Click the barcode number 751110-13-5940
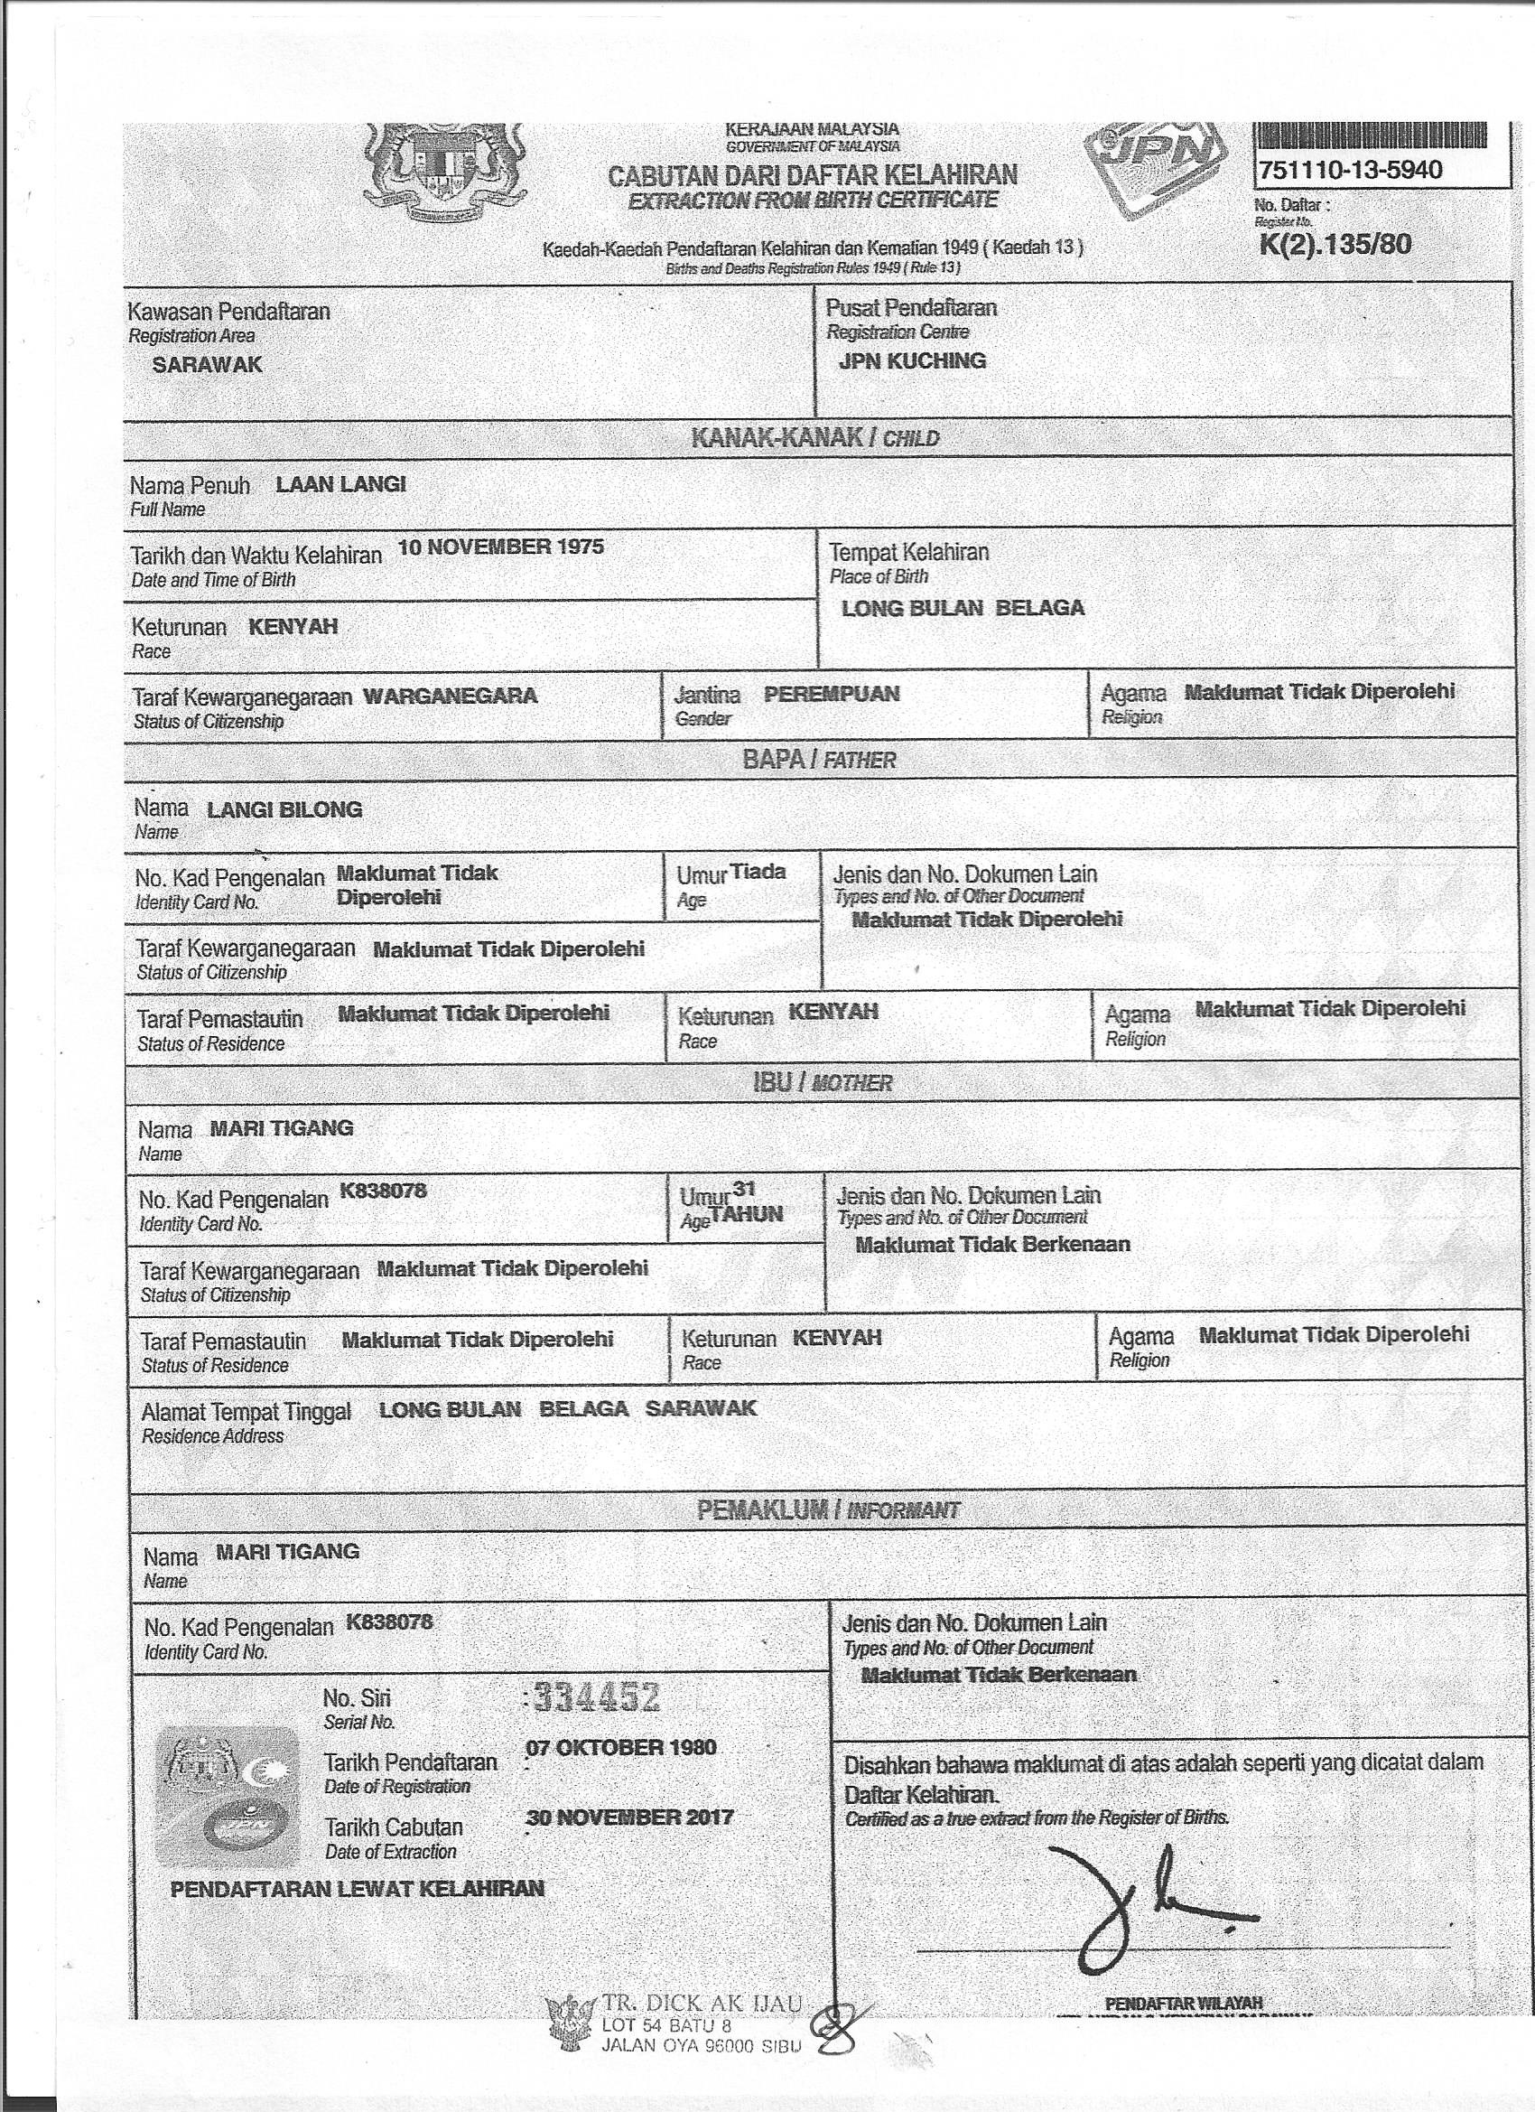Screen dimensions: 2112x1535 coord(1349,171)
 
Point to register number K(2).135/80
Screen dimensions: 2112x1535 coord(1334,244)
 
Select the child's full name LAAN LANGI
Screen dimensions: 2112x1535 coord(340,484)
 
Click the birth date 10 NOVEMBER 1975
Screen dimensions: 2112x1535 coord(501,547)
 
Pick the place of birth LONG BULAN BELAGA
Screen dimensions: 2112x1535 coord(963,608)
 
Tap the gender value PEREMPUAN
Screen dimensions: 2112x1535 coord(832,694)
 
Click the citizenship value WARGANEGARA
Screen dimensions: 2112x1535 coord(450,696)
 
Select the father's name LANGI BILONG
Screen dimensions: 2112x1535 coord(284,809)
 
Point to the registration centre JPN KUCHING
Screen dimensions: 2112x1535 coord(911,361)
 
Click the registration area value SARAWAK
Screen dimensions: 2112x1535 coord(207,365)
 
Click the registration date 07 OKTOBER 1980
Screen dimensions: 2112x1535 coord(621,1747)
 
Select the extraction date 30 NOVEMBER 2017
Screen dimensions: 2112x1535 coord(629,1817)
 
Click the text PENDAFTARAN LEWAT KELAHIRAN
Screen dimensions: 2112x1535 coord(358,1889)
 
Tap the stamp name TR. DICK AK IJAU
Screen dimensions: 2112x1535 coord(701,2001)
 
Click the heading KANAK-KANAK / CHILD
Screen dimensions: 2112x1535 coord(814,438)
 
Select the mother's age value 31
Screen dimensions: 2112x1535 coord(744,1188)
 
